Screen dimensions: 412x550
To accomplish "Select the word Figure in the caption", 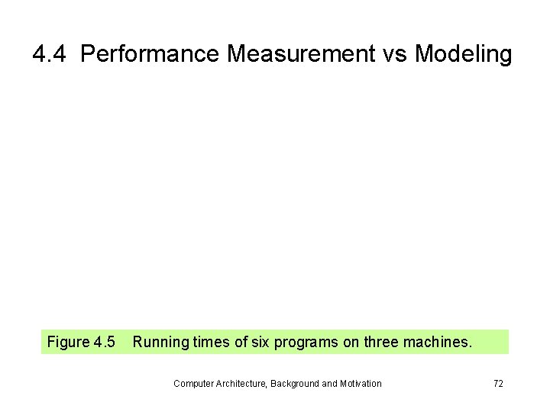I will pyautogui.click(x=69, y=342).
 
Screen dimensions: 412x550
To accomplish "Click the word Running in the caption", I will pyautogui.click(x=158, y=342).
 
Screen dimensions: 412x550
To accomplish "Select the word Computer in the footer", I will pyautogui.click(x=193, y=384).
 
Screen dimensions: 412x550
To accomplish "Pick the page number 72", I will pyautogui.click(x=498, y=384).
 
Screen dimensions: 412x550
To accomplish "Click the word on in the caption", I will pyautogui.click(x=350, y=342).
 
